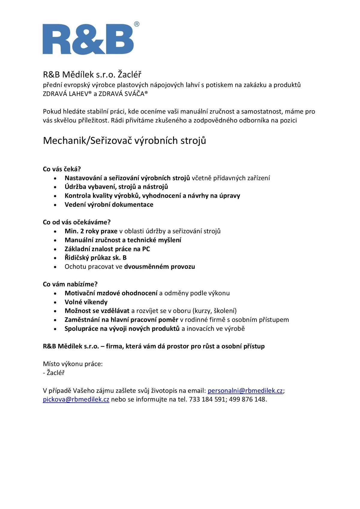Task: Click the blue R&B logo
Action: click(x=88, y=39)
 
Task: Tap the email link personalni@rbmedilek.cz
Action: click(x=245, y=391)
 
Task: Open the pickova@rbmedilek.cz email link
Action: click(x=76, y=399)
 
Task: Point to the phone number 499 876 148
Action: click(x=247, y=399)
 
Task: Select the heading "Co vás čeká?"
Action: click(x=62, y=169)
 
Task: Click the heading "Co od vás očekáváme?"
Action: click(x=77, y=222)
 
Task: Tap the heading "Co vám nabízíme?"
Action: click(x=70, y=284)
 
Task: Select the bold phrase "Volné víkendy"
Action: click(x=86, y=302)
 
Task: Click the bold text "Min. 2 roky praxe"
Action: click(x=91, y=231)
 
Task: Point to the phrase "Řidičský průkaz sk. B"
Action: click(x=95, y=258)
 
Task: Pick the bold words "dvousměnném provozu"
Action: click(x=159, y=267)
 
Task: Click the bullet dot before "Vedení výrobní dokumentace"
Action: click(x=55, y=205)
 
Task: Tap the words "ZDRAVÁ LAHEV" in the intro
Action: click(x=66, y=94)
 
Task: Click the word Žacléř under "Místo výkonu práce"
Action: click(x=55, y=373)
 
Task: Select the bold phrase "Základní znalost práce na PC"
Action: click(x=107, y=249)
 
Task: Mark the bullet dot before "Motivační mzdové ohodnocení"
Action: click(x=55, y=294)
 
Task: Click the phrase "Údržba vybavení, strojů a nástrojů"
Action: click(x=116, y=187)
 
